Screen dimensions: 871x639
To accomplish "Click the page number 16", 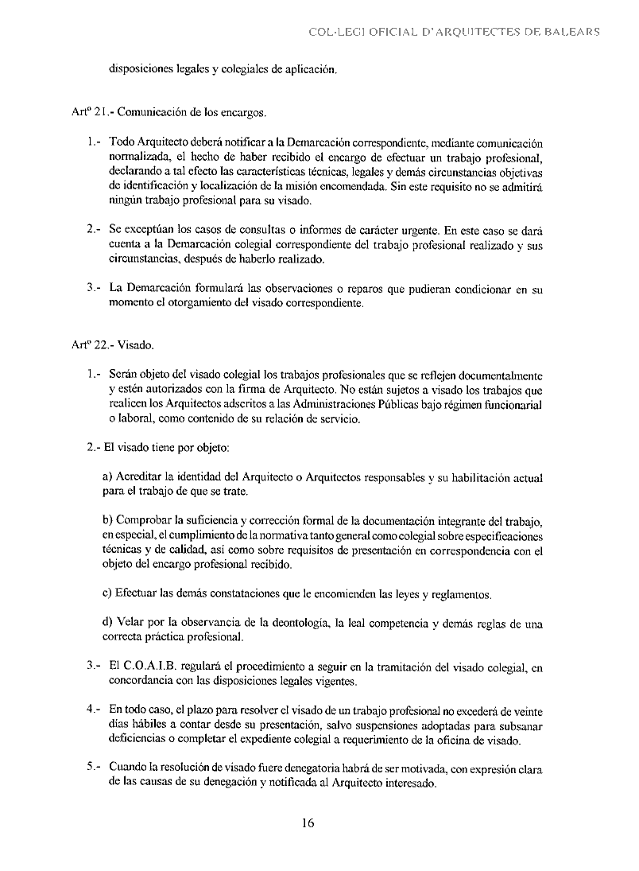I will tap(308, 823).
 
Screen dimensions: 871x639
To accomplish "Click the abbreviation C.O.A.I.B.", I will tap(155, 668).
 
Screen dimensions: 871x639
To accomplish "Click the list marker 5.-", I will tap(94, 769).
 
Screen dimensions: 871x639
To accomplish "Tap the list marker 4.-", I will tap(94, 711).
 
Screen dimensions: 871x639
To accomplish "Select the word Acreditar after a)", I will tap(140, 478).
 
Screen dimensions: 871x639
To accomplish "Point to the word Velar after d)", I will tap(131, 624).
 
